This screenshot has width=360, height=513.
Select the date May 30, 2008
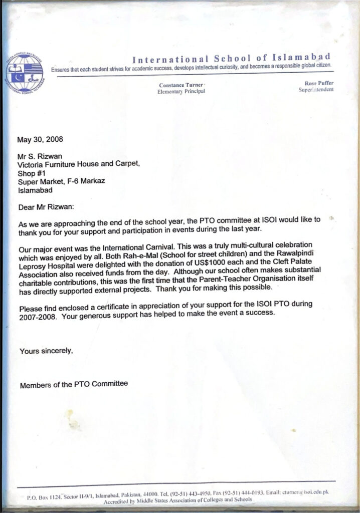(41, 139)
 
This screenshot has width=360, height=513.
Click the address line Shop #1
(32, 173)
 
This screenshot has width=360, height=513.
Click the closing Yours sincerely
(46, 351)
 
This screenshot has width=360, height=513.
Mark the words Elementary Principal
(181, 92)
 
